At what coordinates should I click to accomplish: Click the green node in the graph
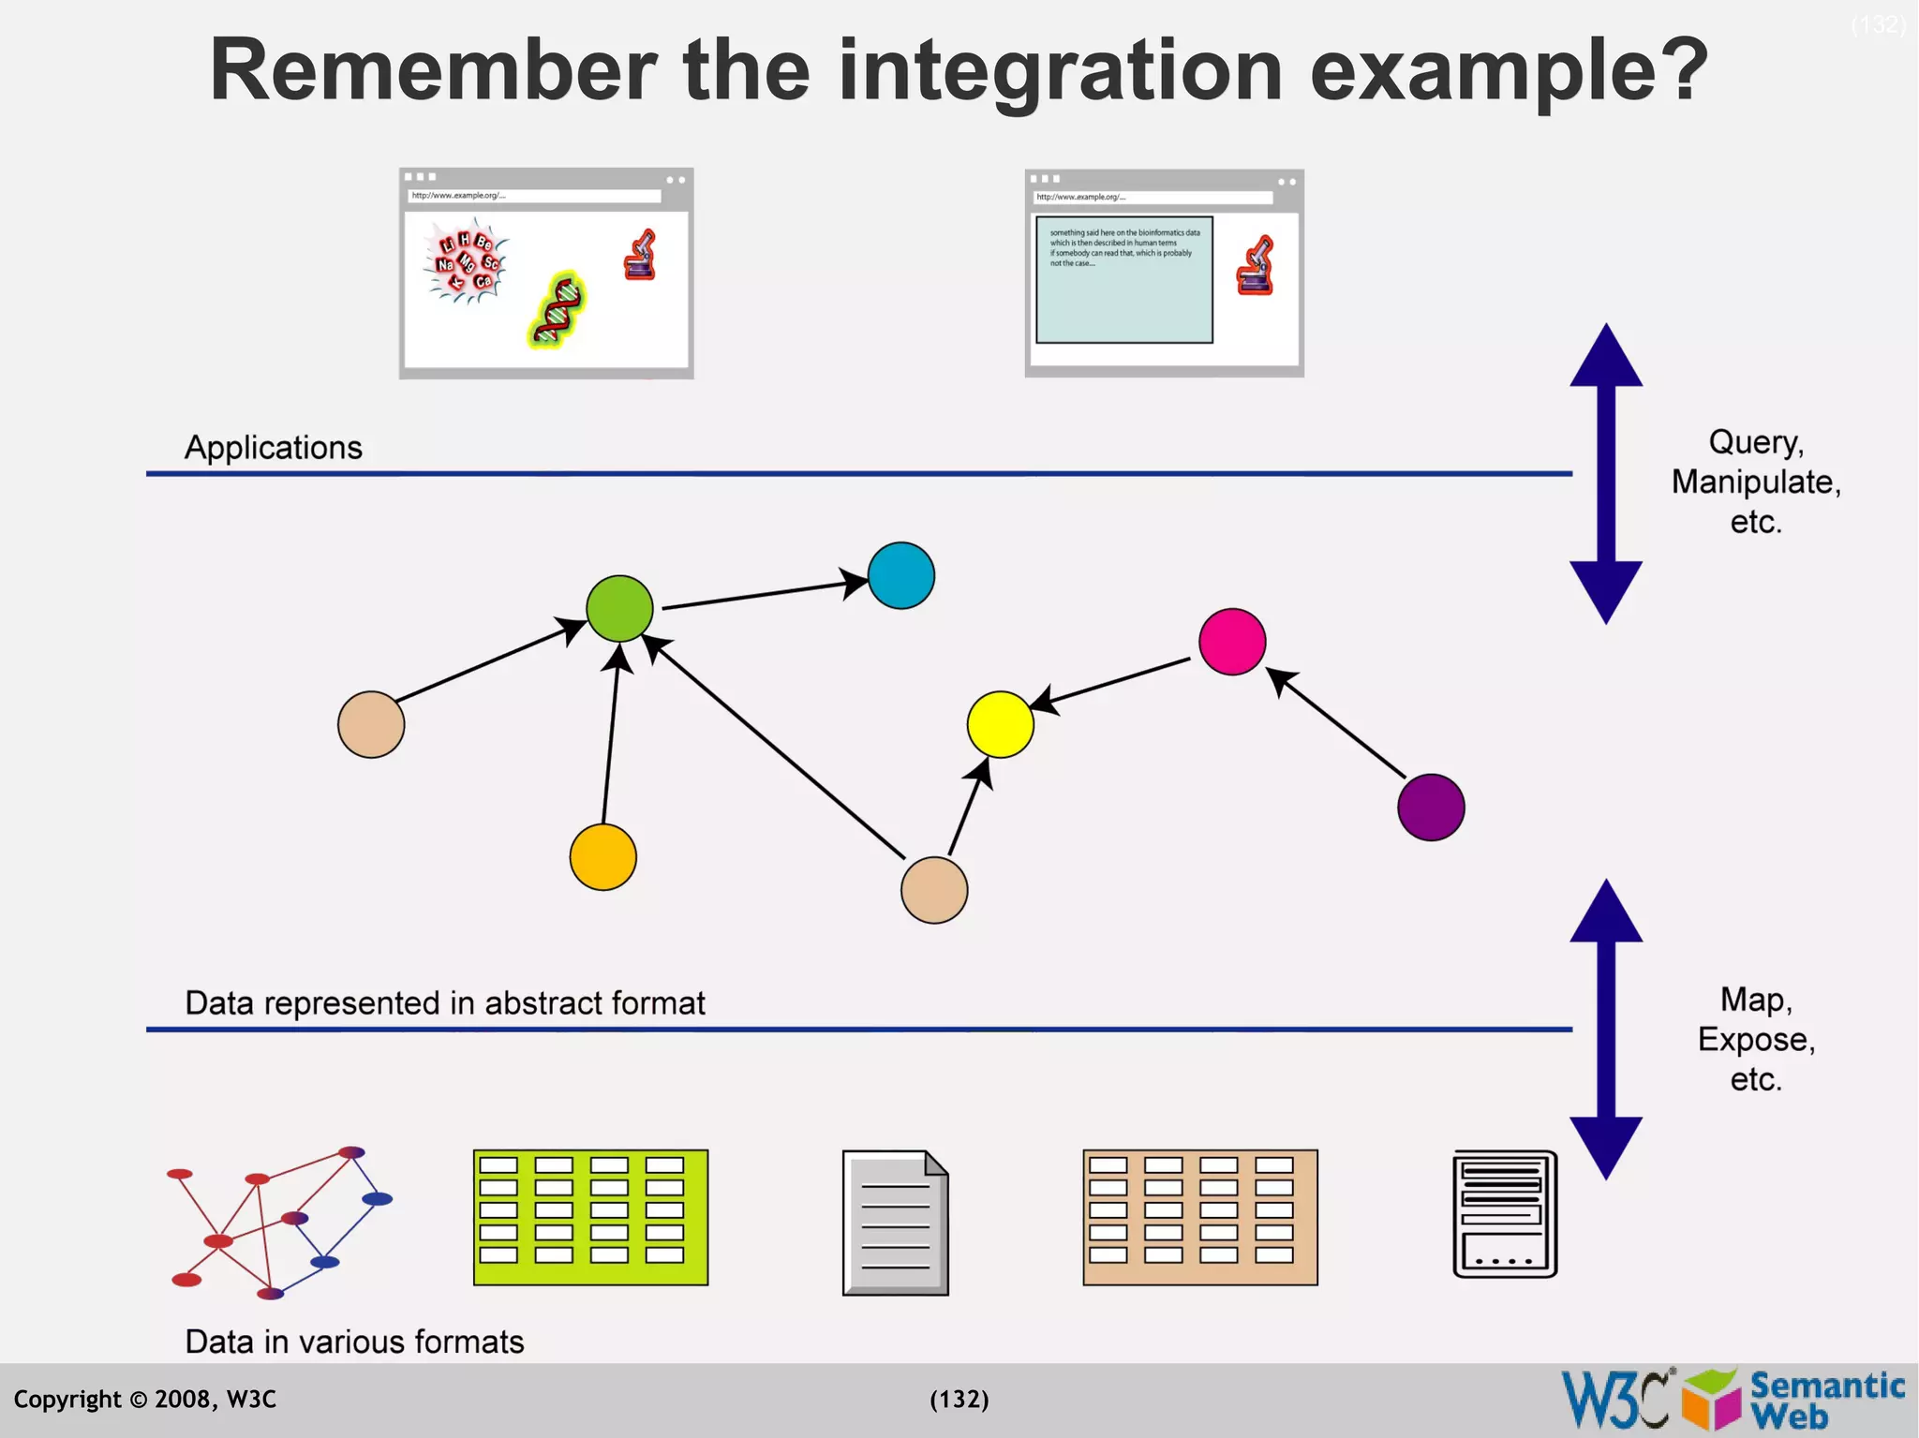[619, 609]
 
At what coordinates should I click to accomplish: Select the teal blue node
[900, 575]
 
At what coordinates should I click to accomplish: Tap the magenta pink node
[1232, 642]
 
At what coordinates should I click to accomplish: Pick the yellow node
[1000, 724]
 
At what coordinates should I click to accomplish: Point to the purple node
[1431, 807]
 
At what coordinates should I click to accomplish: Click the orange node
[602, 857]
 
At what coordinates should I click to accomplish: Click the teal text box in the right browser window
[1123, 280]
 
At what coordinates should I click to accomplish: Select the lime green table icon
[590, 1217]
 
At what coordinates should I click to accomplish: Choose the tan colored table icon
[1199, 1217]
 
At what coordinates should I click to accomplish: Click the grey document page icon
[895, 1223]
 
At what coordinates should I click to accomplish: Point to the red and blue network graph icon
[279, 1223]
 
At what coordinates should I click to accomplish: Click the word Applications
[273, 448]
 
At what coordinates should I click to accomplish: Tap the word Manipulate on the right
[1754, 482]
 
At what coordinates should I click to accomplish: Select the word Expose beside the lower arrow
[1754, 1040]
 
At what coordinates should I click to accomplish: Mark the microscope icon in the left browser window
[641, 256]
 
